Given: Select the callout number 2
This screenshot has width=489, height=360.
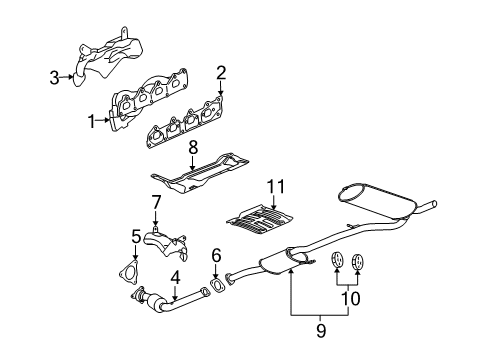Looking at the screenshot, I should (x=221, y=71).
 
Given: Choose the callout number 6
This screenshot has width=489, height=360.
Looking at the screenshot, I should (x=216, y=255).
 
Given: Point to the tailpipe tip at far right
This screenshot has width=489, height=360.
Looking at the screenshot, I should (x=431, y=206).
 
